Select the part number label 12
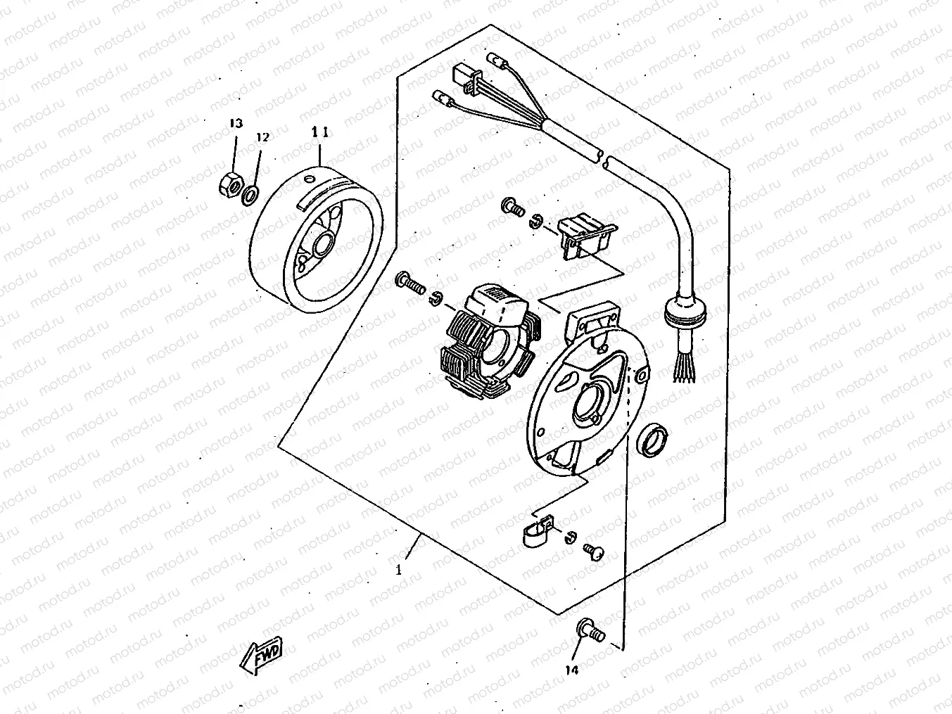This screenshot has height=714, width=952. click(262, 138)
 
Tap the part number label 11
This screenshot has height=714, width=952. click(320, 132)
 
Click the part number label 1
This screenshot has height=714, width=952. click(398, 570)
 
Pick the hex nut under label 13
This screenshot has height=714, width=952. click(228, 185)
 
